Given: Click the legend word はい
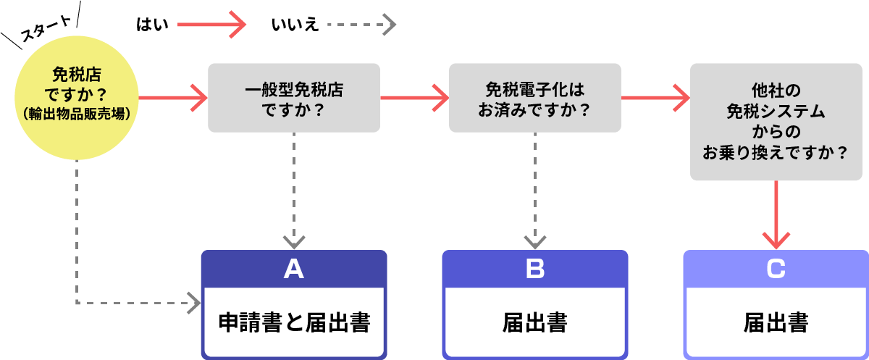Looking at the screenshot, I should pos(152,25).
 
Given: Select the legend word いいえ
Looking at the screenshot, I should pos(294,25).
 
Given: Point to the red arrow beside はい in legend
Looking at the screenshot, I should pos(213,25).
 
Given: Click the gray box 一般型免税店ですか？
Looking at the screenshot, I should pos(294,98).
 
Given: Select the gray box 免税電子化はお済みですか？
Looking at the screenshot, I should pos(534,98).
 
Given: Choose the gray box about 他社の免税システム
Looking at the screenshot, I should pos(776,122).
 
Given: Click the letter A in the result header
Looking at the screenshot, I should pos(293,269).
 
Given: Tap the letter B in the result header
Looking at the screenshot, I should pos(534,269).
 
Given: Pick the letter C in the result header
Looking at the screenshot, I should pos(776,269).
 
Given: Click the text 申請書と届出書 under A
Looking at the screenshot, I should pos(294,322).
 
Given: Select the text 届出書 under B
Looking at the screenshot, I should pos(534,322).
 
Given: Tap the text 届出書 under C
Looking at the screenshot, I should pos(776,322).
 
